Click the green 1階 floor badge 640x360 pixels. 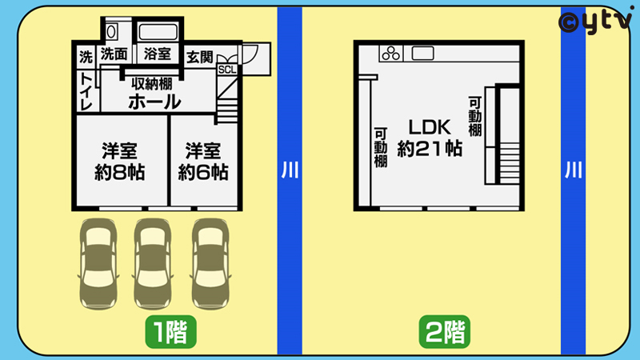click(170, 331)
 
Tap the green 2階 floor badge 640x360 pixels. click(445, 331)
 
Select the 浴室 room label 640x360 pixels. click(157, 54)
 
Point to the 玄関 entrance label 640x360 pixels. click(199, 57)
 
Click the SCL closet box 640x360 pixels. click(227, 70)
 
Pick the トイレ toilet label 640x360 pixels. click(86, 91)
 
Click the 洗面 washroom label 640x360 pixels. click(114, 54)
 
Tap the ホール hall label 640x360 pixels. click(154, 102)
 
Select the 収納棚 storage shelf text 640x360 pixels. click(152, 84)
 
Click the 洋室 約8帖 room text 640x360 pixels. click(119, 162)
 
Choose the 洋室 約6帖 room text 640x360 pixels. click(203, 162)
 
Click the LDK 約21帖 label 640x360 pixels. click(430, 138)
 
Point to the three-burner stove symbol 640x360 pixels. click(391, 54)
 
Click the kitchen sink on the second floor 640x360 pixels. click(422, 54)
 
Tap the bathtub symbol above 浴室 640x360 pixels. click(158, 31)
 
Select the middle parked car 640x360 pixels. click(153, 264)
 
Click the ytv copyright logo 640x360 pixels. click(595, 21)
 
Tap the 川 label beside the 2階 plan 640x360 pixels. click(573, 170)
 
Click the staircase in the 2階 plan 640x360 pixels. click(510, 163)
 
